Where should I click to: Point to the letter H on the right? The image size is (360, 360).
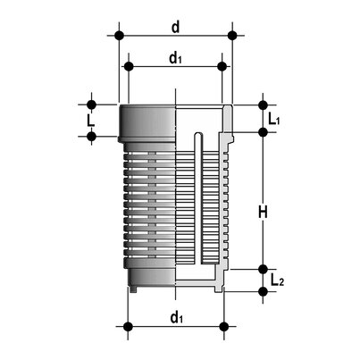point(264,212)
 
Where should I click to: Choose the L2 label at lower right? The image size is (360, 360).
point(277,281)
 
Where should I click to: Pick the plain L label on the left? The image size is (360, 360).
point(90,120)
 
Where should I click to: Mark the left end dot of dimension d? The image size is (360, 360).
point(118,36)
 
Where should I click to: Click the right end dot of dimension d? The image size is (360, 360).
point(232,36)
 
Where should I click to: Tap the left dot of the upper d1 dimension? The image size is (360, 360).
point(129,67)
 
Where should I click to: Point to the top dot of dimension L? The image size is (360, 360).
point(91,104)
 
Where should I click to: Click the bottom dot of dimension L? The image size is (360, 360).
point(91,136)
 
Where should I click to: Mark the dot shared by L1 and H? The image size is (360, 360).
point(263,132)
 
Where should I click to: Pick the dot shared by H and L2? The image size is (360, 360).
point(263,269)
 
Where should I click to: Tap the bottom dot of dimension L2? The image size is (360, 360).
point(263,291)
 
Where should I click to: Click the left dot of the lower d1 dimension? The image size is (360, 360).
point(129,325)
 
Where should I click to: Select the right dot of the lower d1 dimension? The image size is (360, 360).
point(222,325)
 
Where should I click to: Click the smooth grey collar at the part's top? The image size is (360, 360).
point(147,120)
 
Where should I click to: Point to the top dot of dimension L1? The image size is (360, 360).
point(263,104)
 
